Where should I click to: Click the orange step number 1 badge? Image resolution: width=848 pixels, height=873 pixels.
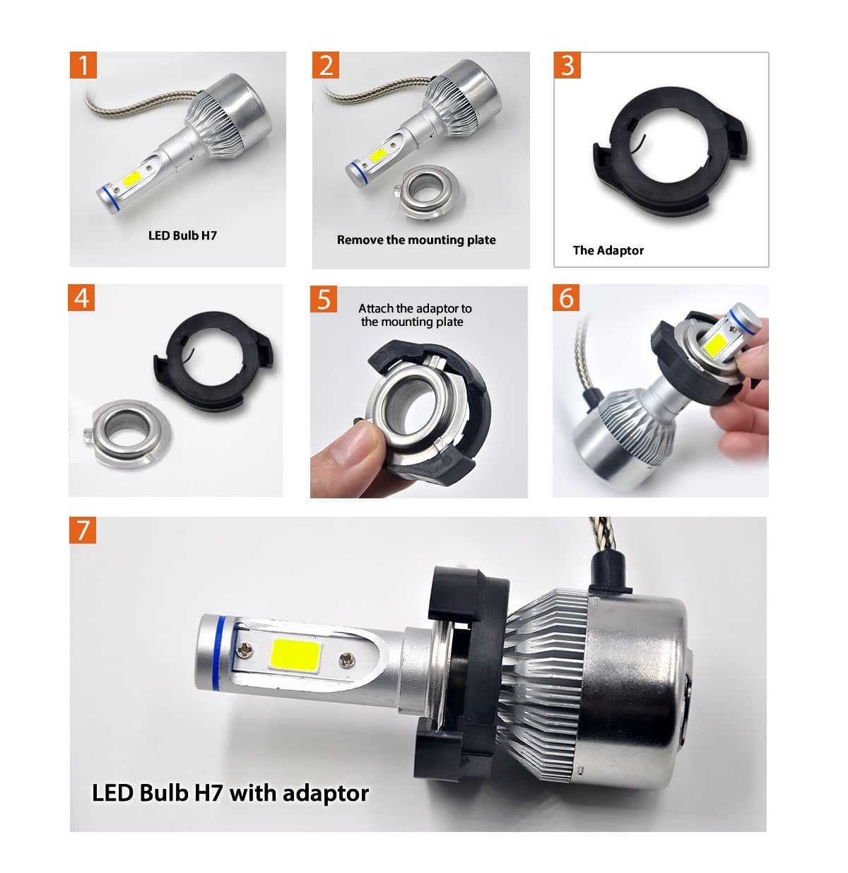pyautogui.click(x=83, y=65)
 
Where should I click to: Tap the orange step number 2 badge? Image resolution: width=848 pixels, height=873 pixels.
pyautogui.click(x=326, y=65)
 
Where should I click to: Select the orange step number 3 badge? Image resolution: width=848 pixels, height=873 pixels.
pyautogui.click(x=567, y=65)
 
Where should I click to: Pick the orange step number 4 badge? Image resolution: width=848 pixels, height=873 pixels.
pyautogui.click(x=81, y=298)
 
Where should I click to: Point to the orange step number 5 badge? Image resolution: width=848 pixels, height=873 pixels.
pyautogui.click(x=324, y=299)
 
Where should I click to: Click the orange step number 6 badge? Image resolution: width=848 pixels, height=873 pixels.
pyautogui.click(x=566, y=298)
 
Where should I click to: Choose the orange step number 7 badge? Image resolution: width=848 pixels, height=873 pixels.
pyautogui.click(x=83, y=530)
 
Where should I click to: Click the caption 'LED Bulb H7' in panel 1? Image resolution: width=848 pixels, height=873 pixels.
pyautogui.click(x=182, y=235)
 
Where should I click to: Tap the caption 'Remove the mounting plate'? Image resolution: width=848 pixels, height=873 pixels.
pyautogui.click(x=416, y=240)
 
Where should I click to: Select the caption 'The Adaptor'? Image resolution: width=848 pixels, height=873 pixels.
pyautogui.click(x=608, y=250)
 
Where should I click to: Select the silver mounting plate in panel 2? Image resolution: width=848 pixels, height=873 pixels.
pyautogui.click(x=425, y=192)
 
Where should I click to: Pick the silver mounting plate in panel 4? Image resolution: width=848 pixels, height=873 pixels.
pyautogui.click(x=126, y=433)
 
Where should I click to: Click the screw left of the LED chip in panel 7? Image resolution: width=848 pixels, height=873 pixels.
pyautogui.click(x=244, y=650)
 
